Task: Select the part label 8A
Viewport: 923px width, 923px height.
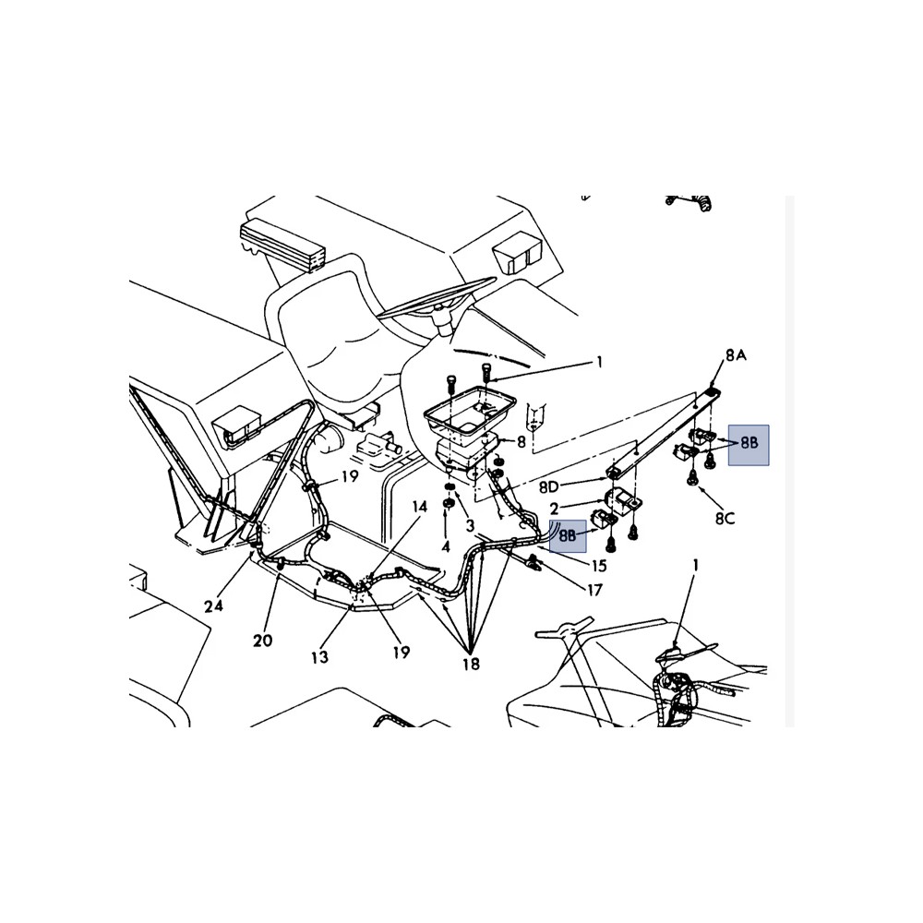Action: click(x=736, y=355)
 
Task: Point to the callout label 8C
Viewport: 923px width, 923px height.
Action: click(x=725, y=519)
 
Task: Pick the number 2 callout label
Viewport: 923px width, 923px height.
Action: click(x=554, y=509)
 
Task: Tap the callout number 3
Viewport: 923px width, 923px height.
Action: click(x=470, y=526)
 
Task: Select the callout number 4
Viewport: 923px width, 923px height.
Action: click(x=446, y=546)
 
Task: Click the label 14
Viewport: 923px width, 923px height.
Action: click(x=419, y=507)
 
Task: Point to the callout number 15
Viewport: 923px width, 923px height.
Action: click(x=599, y=567)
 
